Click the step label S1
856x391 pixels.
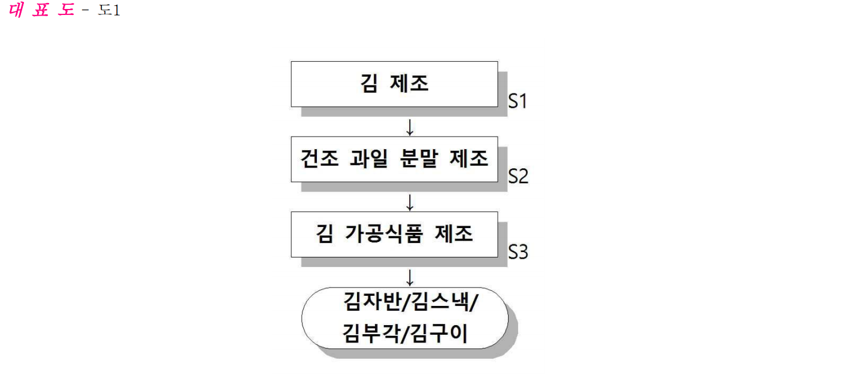coord(518,101)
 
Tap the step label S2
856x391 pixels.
coord(518,177)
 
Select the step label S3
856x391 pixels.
coord(518,252)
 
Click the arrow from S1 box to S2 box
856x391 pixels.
coord(410,127)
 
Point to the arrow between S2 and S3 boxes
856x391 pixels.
coord(410,202)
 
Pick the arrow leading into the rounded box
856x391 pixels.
coord(410,278)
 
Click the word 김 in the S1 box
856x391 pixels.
coord(369,83)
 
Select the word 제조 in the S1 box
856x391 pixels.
coord(409,83)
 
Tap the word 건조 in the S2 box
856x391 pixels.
coord(320,159)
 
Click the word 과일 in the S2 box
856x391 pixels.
coord(369,159)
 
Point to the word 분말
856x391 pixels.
coord(419,159)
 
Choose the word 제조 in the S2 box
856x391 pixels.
coord(469,159)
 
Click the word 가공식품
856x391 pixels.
coord(385,234)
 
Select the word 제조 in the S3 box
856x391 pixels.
coord(454,234)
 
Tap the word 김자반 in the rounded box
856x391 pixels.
coord(372,302)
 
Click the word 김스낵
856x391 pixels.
coord(440,302)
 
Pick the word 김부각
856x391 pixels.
coord(371,334)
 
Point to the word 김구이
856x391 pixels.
coord(439,334)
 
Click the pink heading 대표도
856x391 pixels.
coord(42,10)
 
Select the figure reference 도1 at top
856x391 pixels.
coord(109,10)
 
